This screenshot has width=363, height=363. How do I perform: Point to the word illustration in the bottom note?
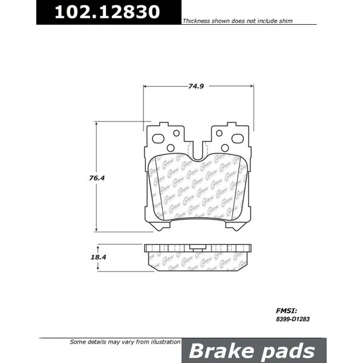[159, 342]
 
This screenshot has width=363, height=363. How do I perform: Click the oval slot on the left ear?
[159, 139]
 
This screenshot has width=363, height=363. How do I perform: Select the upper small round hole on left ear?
[176, 133]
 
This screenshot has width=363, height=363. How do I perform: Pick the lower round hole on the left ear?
[171, 148]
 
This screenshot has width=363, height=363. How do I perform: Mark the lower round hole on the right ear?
[224, 148]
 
